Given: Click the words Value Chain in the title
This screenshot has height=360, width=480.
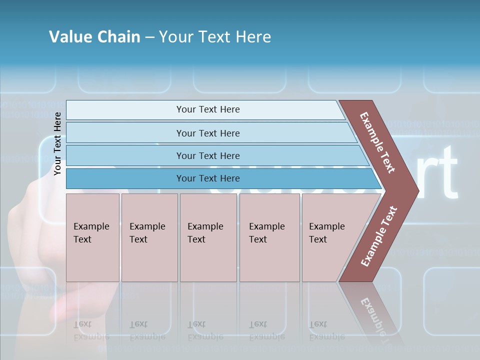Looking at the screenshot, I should (94, 37).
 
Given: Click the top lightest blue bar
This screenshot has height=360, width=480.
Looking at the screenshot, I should (207, 109).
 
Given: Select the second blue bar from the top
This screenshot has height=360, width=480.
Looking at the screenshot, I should (207, 133).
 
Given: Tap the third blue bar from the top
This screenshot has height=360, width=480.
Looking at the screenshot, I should (207, 155).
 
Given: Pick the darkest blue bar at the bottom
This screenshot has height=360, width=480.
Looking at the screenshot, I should (207, 178).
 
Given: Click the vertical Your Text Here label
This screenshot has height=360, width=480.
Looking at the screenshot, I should (57, 143).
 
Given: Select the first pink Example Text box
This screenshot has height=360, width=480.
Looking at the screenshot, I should (92, 237).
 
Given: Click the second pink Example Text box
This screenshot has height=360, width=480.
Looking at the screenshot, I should (149, 237).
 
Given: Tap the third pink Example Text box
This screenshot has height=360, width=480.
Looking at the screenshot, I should (208, 237).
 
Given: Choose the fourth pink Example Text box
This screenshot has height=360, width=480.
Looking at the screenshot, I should (269, 237).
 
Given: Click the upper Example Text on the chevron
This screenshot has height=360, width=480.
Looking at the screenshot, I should (377, 142).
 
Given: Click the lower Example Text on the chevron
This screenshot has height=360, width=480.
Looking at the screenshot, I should (379, 236).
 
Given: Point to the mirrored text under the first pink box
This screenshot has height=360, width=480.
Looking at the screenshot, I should (91, 330).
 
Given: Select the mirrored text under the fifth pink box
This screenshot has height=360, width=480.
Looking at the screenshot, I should (326, 330).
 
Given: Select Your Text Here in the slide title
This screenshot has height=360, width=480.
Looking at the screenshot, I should (215, 37).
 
